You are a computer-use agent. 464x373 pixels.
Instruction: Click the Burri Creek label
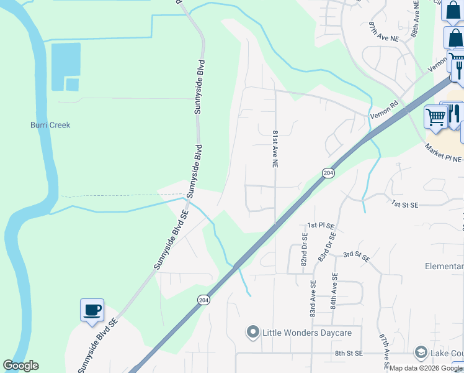pyautogui.click(x=50, y=125)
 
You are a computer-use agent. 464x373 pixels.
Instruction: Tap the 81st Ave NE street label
pyautogui.click(x=274, y=149)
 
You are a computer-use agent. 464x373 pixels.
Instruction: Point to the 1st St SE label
pyautogui.click(x=406, y=204)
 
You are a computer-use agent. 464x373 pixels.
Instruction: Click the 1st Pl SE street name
pyautogui.click(x=321, y=225)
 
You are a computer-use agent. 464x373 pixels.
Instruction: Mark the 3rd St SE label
pyautogui.click(x=357, y=255)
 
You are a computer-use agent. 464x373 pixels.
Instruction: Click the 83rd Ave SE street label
pyautogui.click(x=313, y=292)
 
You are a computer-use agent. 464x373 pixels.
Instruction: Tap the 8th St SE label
pyautogui.click(x=348, y=353)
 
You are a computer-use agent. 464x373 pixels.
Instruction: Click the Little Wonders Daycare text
pyautogui.click(x=306, y=333)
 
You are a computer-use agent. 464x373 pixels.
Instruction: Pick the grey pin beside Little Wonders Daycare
pyautogui.click(x=252, y=333)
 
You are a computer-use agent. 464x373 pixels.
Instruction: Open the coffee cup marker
pyautogui.click(x=92, y=309)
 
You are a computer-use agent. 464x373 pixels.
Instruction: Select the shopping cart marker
pyautogui.click(x=435, y=116)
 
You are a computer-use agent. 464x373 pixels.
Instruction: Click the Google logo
pyautogui.click(x=20, y=366)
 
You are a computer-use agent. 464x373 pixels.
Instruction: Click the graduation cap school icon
pyautogui.click(x=421, y=352)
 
